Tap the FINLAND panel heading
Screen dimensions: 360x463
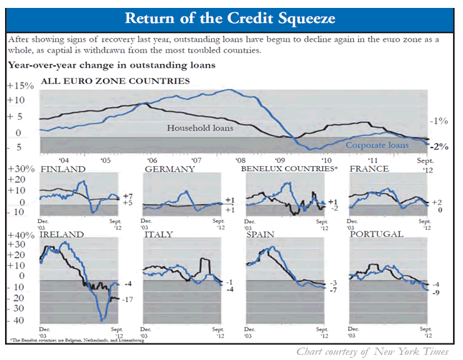point(63,169)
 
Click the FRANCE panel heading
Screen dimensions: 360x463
point(369,169)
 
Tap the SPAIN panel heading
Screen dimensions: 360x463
point(260,234)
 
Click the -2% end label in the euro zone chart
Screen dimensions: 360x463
point(438,146)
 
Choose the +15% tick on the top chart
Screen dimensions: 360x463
point(18,86)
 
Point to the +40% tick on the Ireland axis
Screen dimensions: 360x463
point(19,235)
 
